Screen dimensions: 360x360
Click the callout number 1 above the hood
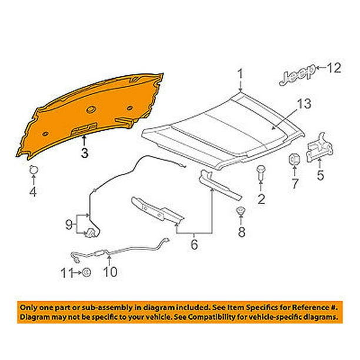click(x=240, y=74)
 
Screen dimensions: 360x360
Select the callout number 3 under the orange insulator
click(x=85, y=153)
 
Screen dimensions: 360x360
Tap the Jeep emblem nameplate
click(x=297, y=75)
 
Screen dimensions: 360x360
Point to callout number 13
click(x=304, y=104)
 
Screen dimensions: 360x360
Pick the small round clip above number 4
click(x=34, y=170)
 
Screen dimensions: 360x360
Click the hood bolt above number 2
click(x=261, y=172)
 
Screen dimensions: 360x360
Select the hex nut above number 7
click(x=294, y=159)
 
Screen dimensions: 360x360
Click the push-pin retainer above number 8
click(x=241, y=211)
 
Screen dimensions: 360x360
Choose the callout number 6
click(x=194, y=244)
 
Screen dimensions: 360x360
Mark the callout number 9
click(x=69, y=224)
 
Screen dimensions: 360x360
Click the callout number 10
click(x=111, y=272)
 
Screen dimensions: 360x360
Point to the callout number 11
click(x=66, y=273)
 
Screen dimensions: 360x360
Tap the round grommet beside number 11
click(x=86, y=272)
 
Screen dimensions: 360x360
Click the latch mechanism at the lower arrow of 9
click(x=91, y=233)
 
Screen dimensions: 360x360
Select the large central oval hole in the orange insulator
click(x=91, y=109)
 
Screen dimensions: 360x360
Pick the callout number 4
click(x=33, y=192)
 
